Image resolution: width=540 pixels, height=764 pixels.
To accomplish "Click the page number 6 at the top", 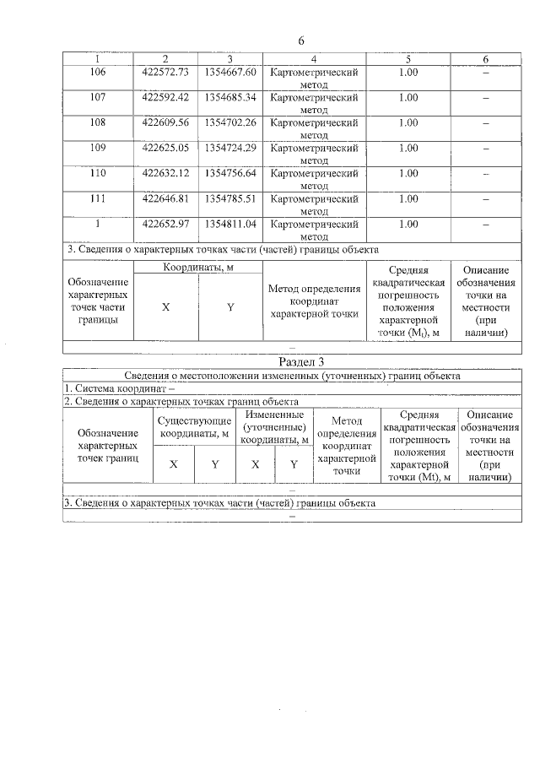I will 300,41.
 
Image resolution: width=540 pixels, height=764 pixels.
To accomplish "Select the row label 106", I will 98,73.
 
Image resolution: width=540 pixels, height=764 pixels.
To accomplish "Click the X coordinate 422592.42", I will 165,98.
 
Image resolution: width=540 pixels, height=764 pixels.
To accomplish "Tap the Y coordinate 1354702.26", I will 229,123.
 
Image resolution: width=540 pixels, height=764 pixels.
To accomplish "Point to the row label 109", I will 98,149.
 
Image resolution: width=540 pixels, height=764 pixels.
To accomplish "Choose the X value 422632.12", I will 165,174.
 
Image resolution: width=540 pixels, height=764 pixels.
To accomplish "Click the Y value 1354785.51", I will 229,199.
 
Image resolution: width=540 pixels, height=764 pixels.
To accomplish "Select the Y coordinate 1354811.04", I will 229,225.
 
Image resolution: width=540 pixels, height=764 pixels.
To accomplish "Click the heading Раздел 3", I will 301,361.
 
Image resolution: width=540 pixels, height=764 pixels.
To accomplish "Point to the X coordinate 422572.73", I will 165,73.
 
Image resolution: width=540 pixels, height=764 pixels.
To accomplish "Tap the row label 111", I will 98,199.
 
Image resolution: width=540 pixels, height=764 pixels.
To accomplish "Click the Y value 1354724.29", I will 229,149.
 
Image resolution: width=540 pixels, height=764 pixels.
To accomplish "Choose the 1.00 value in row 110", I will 408,174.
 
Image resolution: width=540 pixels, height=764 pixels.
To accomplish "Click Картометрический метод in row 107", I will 313,104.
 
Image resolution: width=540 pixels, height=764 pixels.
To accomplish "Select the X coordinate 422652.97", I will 165,225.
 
